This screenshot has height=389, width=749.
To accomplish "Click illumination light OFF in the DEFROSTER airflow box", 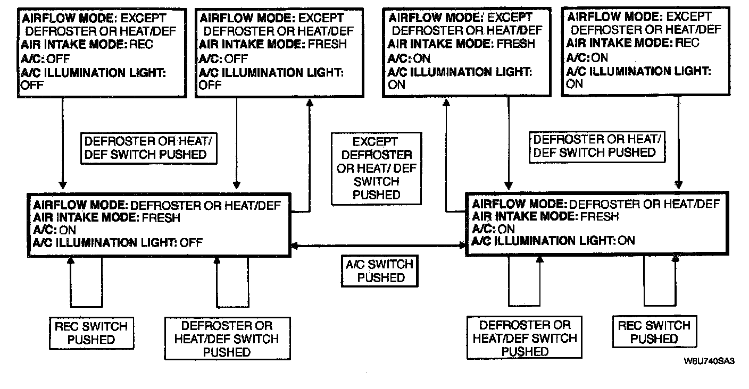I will coord(192,243).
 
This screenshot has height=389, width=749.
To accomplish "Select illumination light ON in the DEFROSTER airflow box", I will coord(626,241).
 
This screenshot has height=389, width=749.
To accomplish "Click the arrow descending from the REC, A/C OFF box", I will coord(63,143).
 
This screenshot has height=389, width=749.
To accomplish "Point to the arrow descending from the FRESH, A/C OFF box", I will coord(235,143).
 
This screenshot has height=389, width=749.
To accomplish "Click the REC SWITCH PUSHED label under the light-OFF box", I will coord(91,333).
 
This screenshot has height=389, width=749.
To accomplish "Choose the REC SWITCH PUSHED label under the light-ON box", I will coord(654,332).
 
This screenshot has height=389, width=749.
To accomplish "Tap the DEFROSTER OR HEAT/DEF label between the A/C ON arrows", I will coord(597,146).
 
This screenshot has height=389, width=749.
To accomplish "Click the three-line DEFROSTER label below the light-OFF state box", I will coord(227,339).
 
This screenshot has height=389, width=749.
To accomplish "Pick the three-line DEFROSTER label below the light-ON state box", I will coord(525,338).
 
